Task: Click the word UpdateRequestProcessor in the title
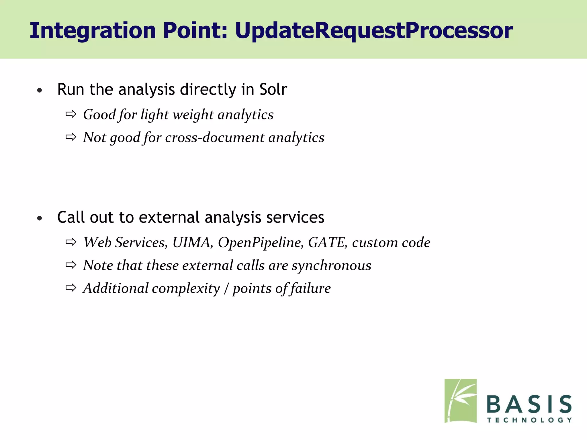(x=374, y=31)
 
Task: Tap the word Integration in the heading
(x=93, y=31)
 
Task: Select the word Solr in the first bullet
(x=273, y=89)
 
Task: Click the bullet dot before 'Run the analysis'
(x=40, y=91)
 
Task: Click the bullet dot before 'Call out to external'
(x=40, y=219)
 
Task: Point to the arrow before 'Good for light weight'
(x=71, y=114)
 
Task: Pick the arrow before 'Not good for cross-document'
(x=71, y=137)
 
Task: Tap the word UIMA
(x=192, y=242)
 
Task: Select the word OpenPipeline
(x=260, y=243)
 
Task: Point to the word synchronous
(x=331, y=266)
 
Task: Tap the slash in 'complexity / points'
(x=226, y=288)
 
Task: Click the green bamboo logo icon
(x=460, y=400)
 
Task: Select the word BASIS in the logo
(x=529, y=404)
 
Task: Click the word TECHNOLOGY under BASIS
(x=529, y=420)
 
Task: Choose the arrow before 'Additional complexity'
(x=71, y=288)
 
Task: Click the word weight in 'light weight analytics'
(x=193, y=115)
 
